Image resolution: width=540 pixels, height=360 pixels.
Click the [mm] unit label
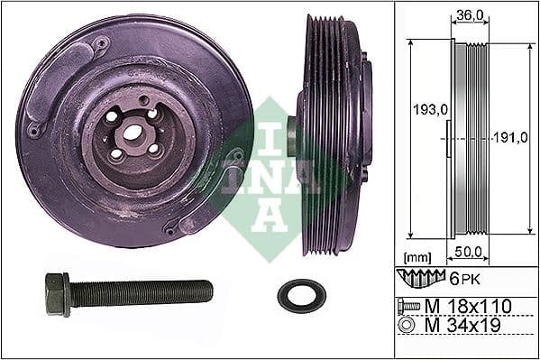pyautogui.click(x=418, y=256)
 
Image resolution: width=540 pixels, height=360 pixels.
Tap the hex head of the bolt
pyautogui.click(x=56, y=294)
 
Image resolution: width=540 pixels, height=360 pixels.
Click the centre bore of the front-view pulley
pyautogui.click(x=132, y=134)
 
